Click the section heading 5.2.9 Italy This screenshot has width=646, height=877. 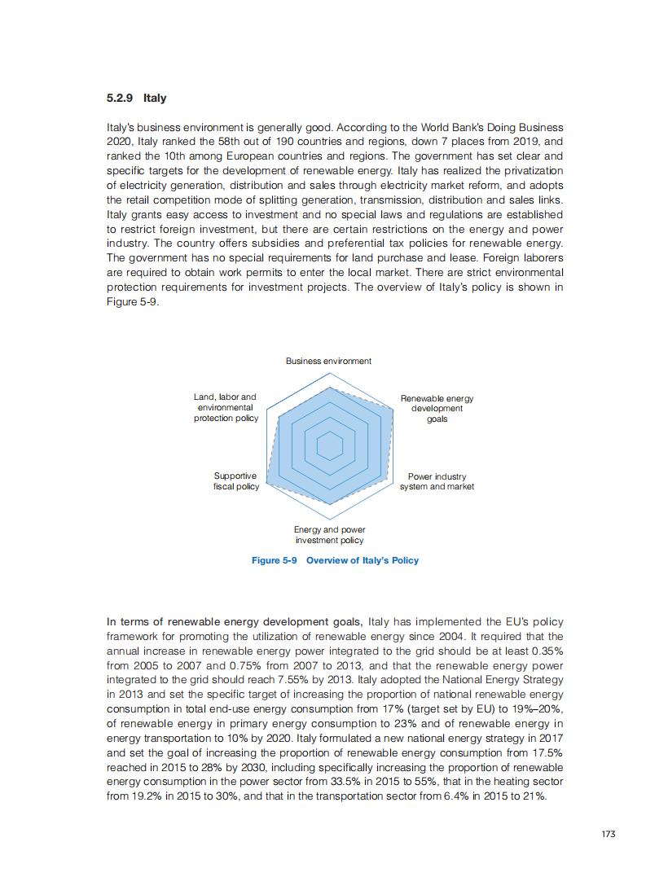tap(136, 99)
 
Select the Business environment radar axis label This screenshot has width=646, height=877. tap(328, 361)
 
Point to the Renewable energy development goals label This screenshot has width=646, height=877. tap(437, 408)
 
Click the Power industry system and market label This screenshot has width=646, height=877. tap(437, 481)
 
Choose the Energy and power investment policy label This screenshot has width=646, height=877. tap(329, 535)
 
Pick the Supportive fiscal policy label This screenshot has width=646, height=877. tap(235, 481)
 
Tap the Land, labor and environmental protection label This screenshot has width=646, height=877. tap(226, 407)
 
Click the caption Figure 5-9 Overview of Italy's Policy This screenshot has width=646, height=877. tap(335, 560)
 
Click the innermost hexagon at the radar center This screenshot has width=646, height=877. tap(330, 446)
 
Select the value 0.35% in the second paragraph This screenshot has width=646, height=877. tap(542, 651)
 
